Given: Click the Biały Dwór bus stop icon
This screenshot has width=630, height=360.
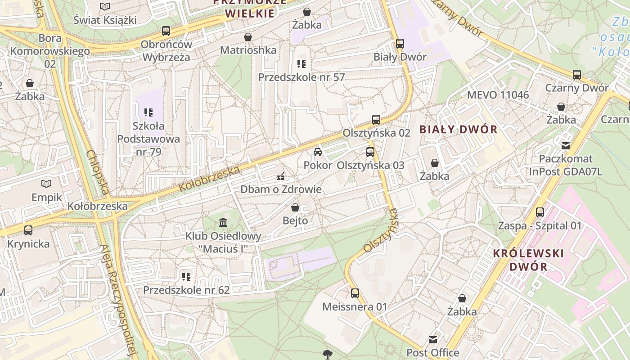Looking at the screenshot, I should [x=400, y=44].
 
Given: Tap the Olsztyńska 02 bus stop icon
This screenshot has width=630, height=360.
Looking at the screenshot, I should [x=376, y=120].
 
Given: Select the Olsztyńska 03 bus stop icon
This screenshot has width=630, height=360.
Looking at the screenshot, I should [x=370, y=152].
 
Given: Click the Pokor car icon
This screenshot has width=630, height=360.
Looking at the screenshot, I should [x=318, y=152].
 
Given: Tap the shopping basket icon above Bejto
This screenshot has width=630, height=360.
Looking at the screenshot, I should [x=295, y=207].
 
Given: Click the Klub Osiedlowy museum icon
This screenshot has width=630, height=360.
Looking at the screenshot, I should [x=223, y=222].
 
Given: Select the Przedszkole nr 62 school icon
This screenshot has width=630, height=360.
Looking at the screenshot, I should [x=186, y=276].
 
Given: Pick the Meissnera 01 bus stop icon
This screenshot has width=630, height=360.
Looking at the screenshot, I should [x=355, y=293].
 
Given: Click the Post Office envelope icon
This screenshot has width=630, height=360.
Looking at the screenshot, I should [x=433, y=339].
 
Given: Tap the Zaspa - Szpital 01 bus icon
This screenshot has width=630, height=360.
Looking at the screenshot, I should [x=540, y=212].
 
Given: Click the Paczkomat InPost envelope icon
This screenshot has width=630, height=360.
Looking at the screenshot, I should [x=566, y=145].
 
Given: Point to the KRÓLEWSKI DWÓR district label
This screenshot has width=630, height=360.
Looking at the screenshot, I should [x=528, y=260].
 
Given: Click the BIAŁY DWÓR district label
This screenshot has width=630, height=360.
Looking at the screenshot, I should [x=458, y=130].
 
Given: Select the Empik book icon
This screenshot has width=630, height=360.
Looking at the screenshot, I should [x=46, y=184].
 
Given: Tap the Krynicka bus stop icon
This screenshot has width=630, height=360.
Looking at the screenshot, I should [x=28, y=230].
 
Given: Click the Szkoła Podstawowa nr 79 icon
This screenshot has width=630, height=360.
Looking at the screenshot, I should [x=148, y=112].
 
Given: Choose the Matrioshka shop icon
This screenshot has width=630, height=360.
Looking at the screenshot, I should [x=247, y=36].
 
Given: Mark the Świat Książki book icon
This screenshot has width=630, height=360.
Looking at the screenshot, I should [x=105, y=6].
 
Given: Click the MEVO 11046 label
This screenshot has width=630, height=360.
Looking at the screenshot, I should [x=498, y=95].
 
